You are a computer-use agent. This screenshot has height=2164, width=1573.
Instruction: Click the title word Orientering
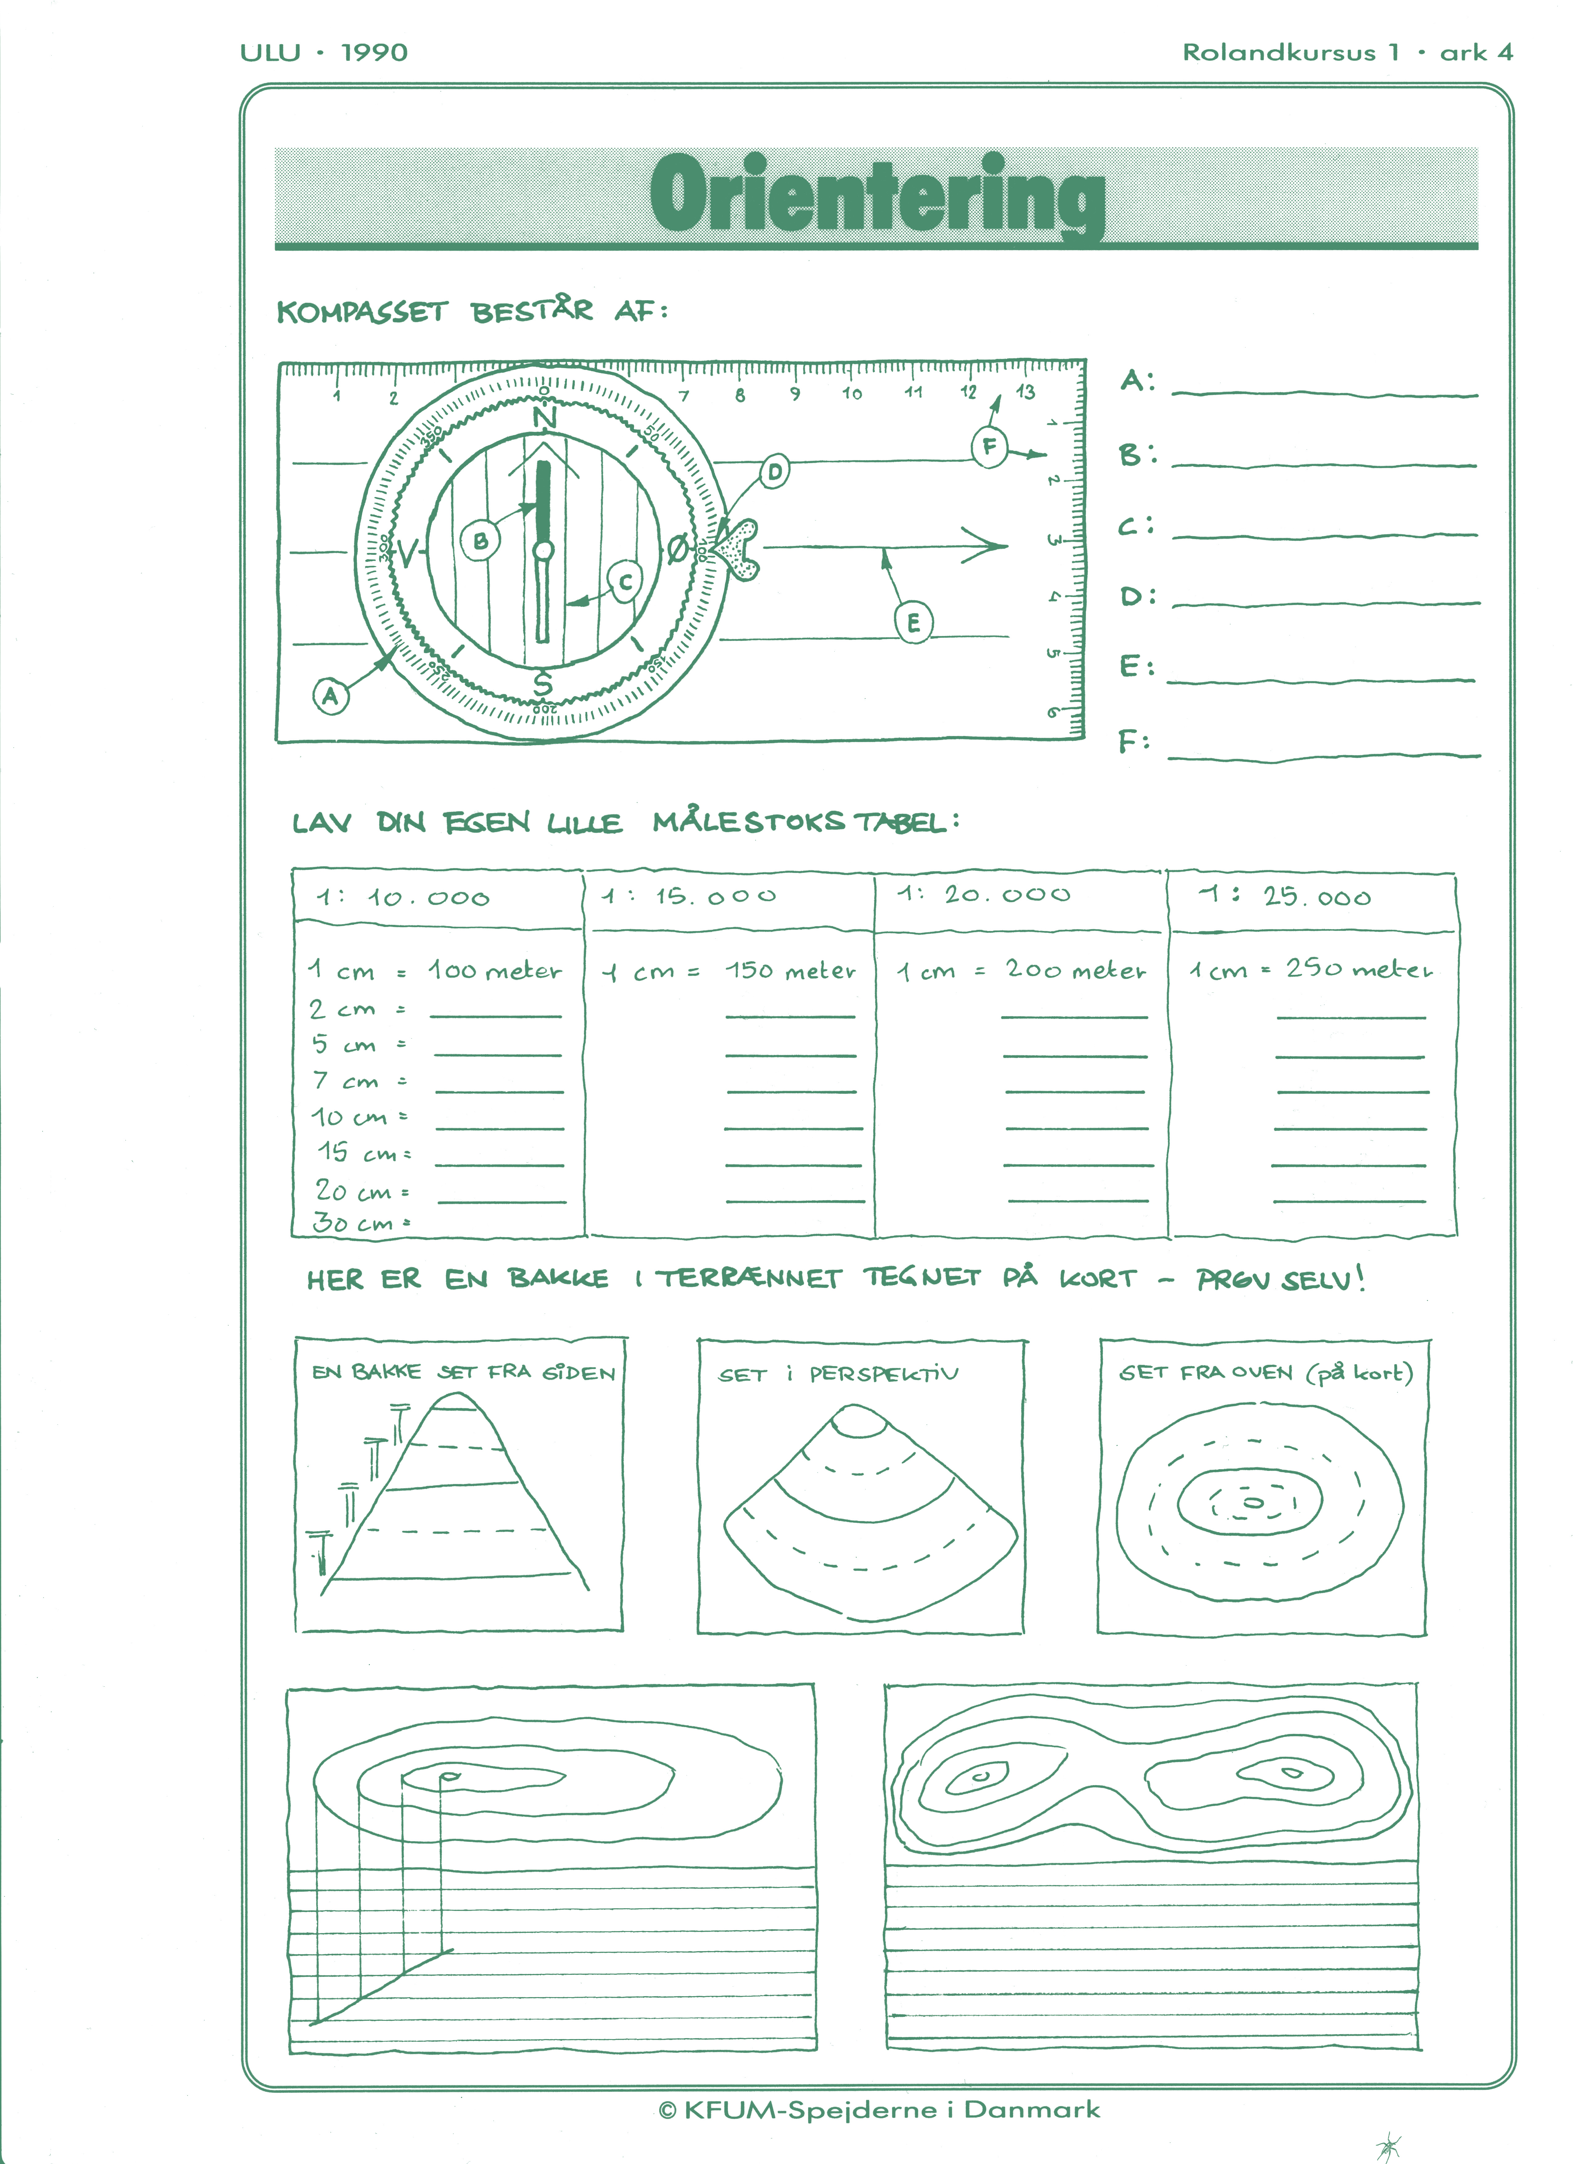877,196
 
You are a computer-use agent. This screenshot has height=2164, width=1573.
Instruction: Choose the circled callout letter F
989,447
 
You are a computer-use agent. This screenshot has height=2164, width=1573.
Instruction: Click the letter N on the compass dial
544,418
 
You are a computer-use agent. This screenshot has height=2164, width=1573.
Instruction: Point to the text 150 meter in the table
790,970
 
